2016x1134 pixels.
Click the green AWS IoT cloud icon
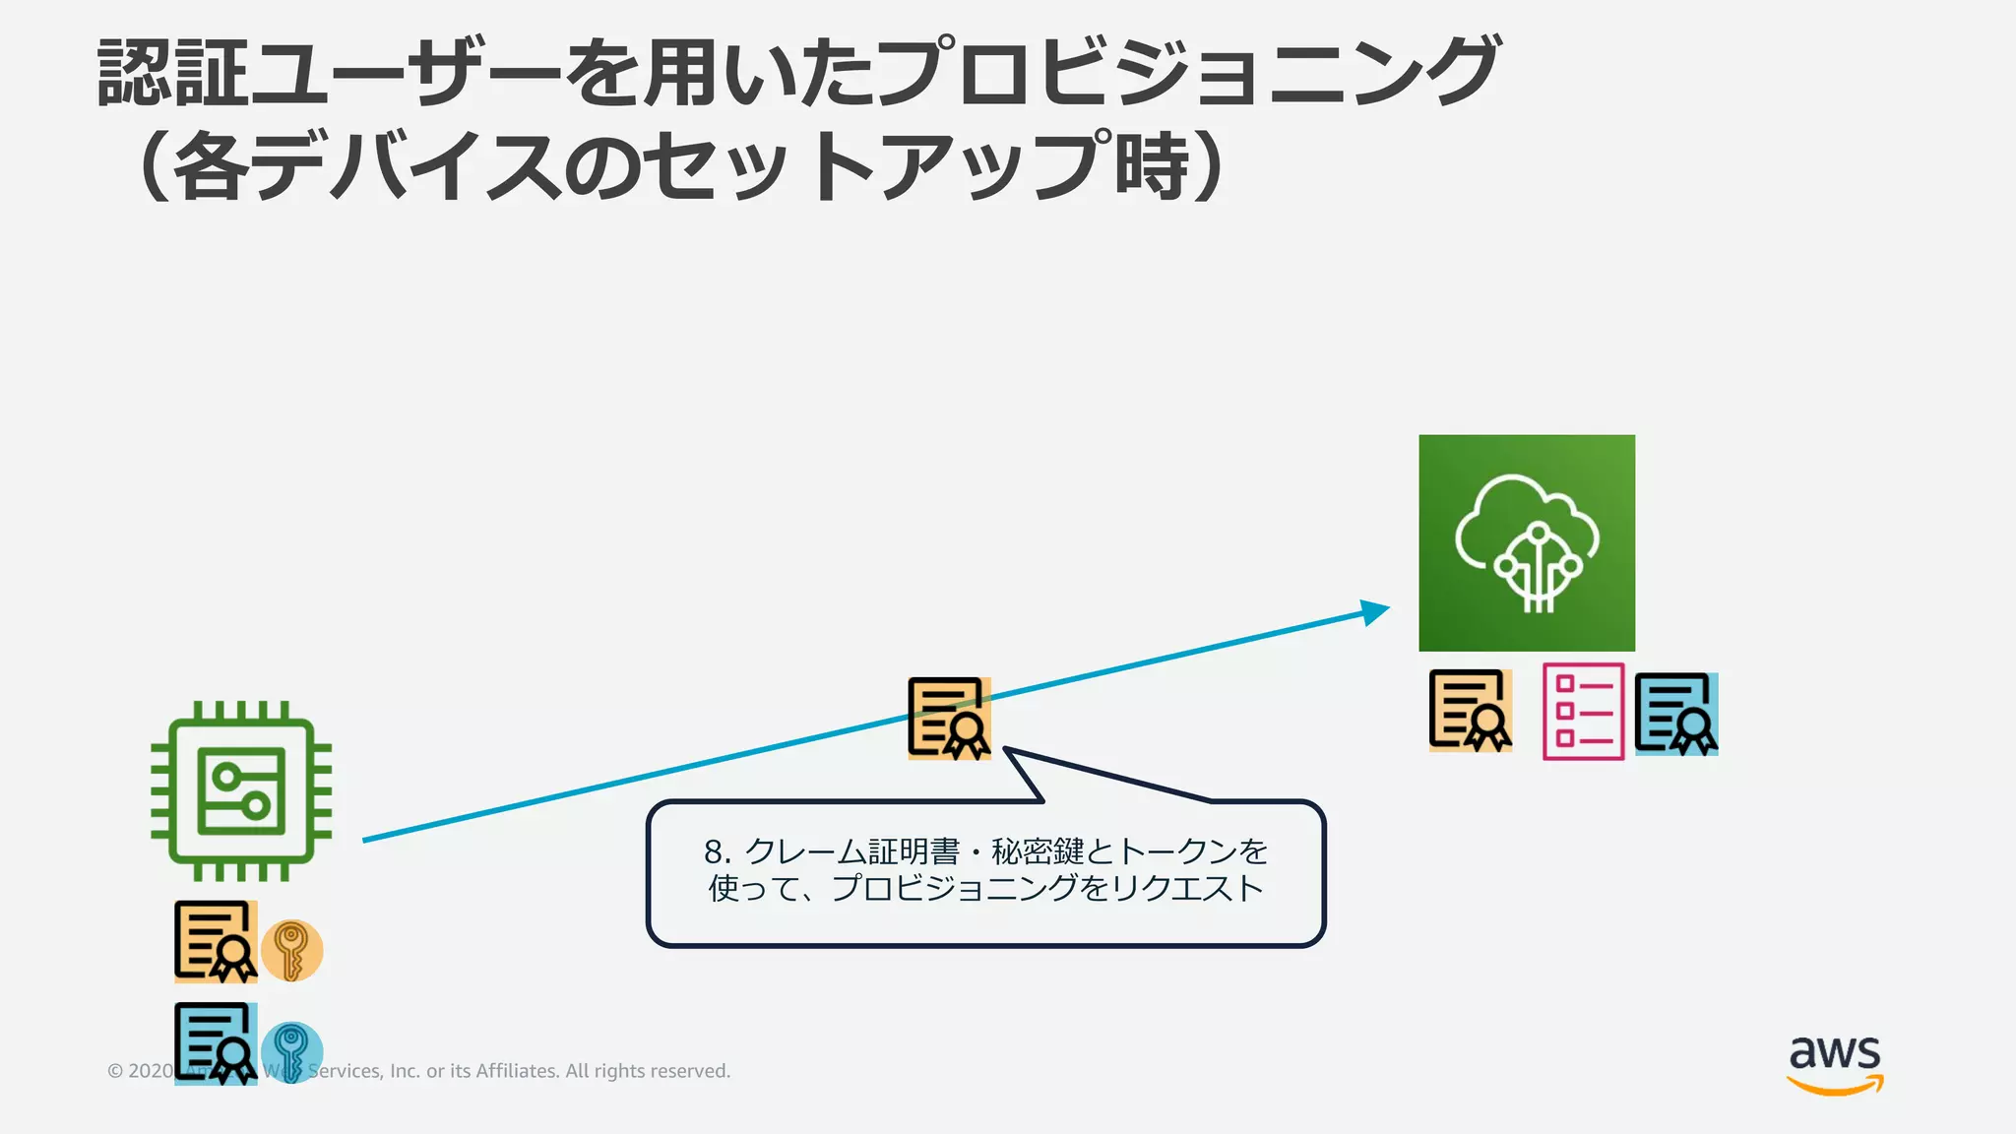[x=1527, y=542]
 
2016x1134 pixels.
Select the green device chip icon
[x=241, y=790]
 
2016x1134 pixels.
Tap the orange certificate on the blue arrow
[x=949, y=719]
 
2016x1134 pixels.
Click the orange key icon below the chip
[x=292, y=951]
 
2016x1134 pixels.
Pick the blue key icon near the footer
[x=292, y=1051]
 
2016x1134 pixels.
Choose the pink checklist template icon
[x=1583, y=712]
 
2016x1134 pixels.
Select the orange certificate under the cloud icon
[x=1471, y=711]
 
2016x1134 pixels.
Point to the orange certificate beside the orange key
[x=216, y=942]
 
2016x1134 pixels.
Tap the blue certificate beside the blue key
[x=216, y=1043]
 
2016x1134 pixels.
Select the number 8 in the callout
[x=715, y=851]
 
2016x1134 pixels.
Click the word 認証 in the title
[x=172, y=73]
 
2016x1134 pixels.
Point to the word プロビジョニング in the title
[x=1186, y=73]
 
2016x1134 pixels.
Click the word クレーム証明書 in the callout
[x=852, y=851]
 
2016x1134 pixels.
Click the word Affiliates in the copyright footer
[x=517, y=1071]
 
